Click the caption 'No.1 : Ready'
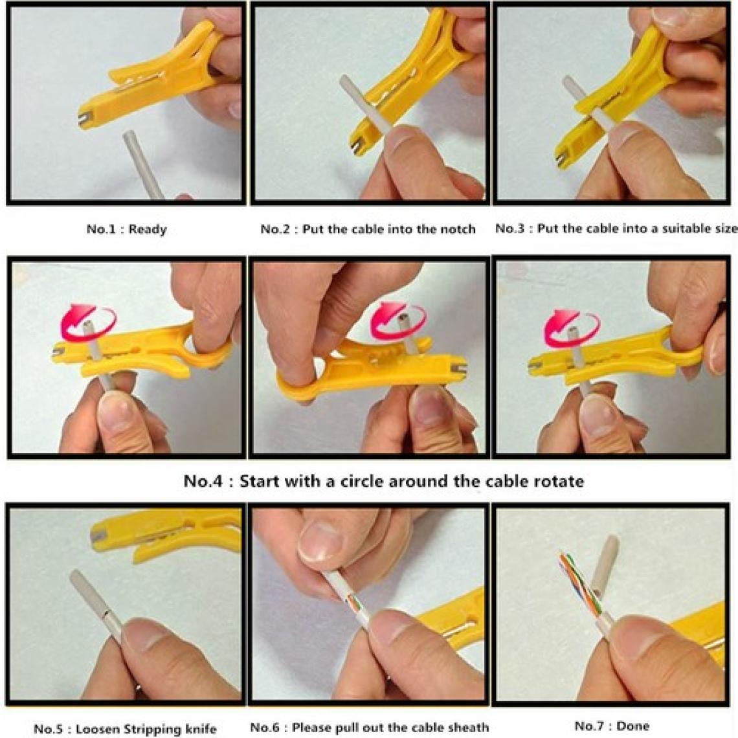tap(127, 229)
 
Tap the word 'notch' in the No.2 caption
tap(458, 229)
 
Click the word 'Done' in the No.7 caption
tap(632, 726)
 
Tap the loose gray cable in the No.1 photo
tap(144, 164)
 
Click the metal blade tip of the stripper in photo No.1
tap(84, 119)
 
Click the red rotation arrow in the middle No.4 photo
tap(398, 320)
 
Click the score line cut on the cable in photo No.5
tap(106, 615)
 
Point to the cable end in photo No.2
tap(344, 80)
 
